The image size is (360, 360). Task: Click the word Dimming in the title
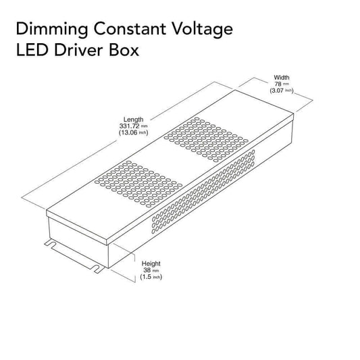point(52,29)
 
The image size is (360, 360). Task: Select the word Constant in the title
point(130,28)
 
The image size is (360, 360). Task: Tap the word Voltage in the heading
point(203,29)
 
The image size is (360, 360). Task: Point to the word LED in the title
point(32,50)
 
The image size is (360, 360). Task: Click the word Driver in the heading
point(79,50)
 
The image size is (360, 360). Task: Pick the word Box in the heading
point(124,50)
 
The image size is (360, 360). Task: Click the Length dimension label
point(133,120)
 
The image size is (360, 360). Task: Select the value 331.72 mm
point(133,126)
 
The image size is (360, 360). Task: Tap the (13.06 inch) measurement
point(133,132)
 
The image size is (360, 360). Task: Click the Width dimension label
point(282,78)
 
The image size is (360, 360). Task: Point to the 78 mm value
point(282,84)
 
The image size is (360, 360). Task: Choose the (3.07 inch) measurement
point(282,91)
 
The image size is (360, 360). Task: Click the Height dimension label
point(151,263)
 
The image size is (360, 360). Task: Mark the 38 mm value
point(151,270)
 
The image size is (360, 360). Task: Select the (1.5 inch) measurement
point(151,277)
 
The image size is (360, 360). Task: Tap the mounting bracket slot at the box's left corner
point(50,243)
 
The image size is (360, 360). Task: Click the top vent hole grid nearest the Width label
point(206,140)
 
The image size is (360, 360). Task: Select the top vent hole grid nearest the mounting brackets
point(138,184)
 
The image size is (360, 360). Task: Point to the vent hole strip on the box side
point(203,192)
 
